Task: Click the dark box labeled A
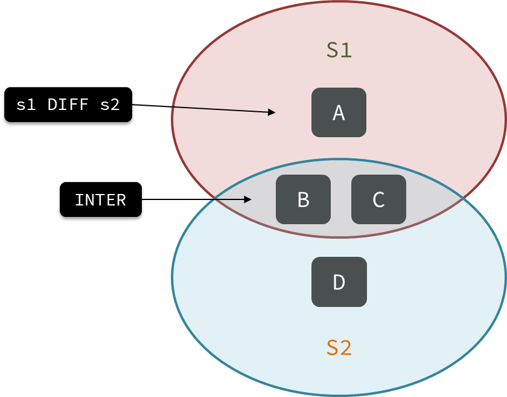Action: point(339,112)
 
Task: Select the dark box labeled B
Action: point(303,199)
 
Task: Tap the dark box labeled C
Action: point(378,199)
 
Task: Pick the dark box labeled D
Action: point(339,282)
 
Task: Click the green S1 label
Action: point(339,50)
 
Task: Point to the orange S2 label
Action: point(339,348)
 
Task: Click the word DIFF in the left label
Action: point(68,105)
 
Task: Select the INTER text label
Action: point(100,200)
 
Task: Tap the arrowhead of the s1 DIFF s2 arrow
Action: point(272,112)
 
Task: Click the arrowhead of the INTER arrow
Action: point(247,199)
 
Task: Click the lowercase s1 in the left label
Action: point(26,105)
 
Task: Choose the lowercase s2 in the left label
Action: point(110,105)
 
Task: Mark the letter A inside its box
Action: point(339,112)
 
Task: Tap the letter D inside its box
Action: point(339,282)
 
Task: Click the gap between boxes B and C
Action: point(341,199)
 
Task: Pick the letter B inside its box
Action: point(303,199)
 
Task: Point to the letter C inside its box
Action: point(378,199)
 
